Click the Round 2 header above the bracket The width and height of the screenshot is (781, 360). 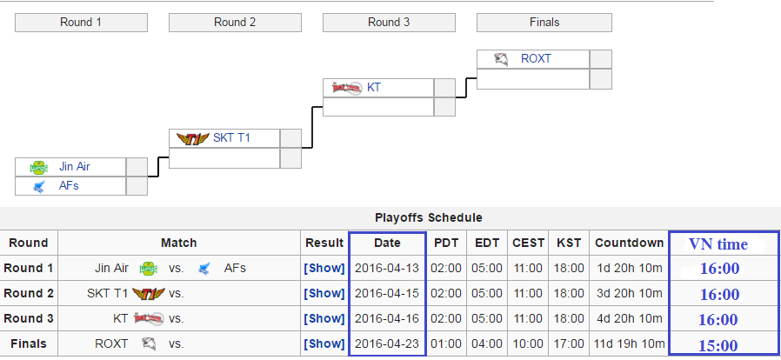pos(235,23)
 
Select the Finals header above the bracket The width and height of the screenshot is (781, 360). pos(544,23)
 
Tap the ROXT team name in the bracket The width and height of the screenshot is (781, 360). pos(536,59)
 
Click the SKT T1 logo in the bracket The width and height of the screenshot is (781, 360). pos(193,138)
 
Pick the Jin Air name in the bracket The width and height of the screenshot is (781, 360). pos(74,166)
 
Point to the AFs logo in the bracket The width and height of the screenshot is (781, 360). pos(39,187)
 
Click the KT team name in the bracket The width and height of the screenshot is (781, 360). pos(374,88)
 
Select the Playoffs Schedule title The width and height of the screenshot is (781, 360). pos(429,217)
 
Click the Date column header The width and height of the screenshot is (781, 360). pos(387,243)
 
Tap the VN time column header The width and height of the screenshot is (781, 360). pos(718,244)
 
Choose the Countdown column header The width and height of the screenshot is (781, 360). pos(629,243)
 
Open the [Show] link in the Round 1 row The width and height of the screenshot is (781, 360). pos(324,269)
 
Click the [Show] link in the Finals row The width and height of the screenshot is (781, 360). pos(324,343)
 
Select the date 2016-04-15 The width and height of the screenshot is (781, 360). pos(387,293)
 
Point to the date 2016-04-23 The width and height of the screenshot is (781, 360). pos(387,343)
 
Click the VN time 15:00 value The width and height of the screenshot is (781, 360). pos(718,345)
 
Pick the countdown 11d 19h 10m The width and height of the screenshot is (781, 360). pos(629,343)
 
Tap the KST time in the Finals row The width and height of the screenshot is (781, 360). pos(570,343)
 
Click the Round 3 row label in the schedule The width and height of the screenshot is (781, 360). pos(29,318)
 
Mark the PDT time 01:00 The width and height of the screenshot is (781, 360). pos(446,343)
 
